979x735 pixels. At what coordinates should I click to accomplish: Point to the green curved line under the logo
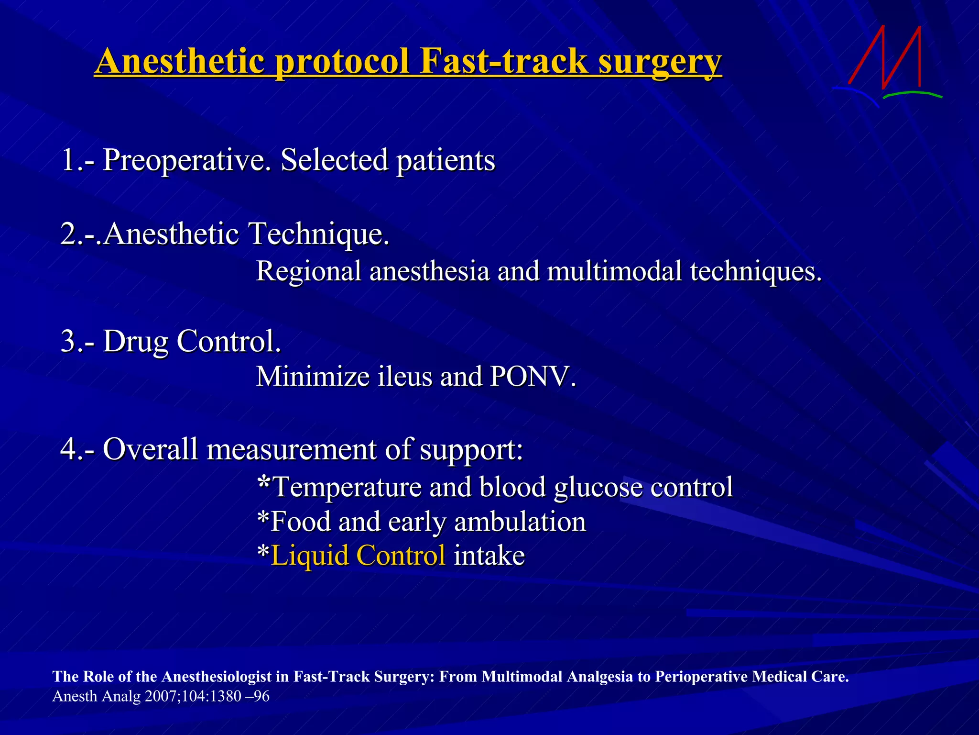tap(912, 94)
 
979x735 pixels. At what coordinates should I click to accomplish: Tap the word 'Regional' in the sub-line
tap(308, 271)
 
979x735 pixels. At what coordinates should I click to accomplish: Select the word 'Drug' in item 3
tap(135, 342)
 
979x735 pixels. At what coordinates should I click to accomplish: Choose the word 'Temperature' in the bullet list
tap(347, 487)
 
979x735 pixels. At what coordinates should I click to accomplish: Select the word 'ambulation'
tap(520, 522)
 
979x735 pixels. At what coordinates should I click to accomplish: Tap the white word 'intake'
tap(489, 556)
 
